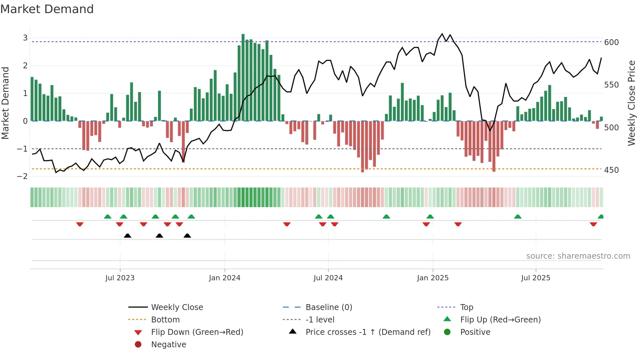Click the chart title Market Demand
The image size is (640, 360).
point(47,9)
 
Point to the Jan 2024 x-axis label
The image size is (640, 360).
point(225,278)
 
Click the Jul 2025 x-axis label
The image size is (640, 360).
point(536,278)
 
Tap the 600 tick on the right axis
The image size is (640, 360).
point(611,42)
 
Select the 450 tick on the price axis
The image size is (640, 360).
point(611,170)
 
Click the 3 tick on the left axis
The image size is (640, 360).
point(25,38)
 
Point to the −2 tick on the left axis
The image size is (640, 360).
point(23,176)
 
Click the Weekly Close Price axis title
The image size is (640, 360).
point(632,103)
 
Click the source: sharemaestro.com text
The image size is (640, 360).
point(578,256)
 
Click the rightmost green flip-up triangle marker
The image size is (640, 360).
point(600,217)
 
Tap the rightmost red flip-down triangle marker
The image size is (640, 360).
point(593,224)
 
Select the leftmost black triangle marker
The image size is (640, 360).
point(128,236)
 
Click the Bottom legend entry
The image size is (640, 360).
point(165,319)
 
